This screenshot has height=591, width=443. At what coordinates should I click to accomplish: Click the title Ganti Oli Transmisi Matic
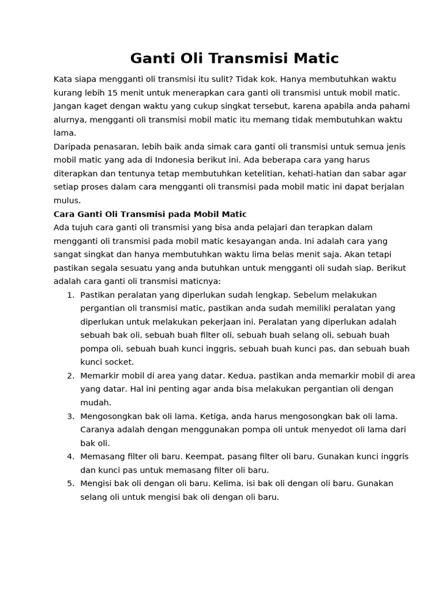coord(234,58)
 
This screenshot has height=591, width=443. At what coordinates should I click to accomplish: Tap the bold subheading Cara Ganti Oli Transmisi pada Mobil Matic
coord(150,214)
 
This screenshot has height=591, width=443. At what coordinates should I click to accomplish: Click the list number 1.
coord(70,295)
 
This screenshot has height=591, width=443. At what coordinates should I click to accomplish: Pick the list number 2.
coord(70,376)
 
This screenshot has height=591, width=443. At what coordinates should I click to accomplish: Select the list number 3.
coord(70,416)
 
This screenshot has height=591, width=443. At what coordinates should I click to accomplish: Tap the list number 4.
coord(70,457)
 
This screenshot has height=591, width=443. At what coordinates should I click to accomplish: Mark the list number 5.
coord(70,483)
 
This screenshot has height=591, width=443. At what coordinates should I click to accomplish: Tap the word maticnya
coord(200,281)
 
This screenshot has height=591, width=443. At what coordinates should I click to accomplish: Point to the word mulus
coord(66,200)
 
